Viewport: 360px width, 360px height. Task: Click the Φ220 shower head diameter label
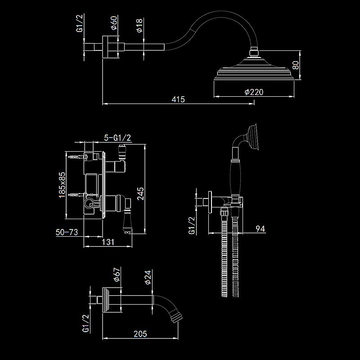pos(254,91)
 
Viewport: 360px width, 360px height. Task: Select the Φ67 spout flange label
pos(116,275)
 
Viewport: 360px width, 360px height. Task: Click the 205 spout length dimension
pos(140,333)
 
